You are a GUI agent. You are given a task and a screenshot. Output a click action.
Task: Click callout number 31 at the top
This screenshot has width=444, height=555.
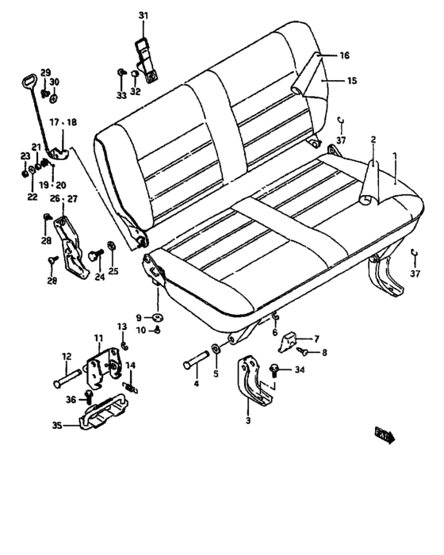(144, 15)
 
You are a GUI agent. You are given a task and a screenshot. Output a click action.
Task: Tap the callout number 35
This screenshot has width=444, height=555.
(56, 426)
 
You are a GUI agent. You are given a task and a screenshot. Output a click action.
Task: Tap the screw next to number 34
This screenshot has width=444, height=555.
(275, 369)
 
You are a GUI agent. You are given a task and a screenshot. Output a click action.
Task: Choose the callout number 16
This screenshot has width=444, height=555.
(344, 56)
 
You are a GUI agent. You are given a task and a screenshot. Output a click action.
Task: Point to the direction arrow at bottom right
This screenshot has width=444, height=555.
(385, 434)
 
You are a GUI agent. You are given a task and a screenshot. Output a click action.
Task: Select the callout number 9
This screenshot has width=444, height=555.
(138, 316)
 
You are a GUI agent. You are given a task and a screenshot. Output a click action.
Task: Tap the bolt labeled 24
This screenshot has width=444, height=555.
(98, 255)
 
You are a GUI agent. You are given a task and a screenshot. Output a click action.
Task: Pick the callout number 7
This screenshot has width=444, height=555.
(316, 337)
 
